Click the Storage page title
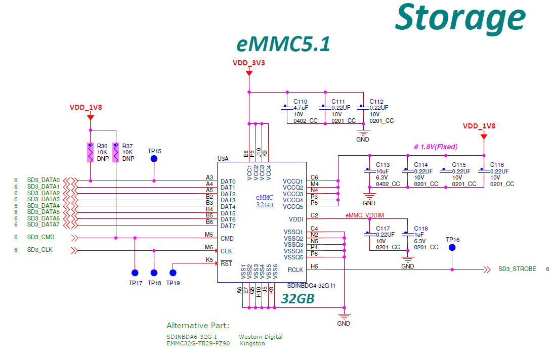pyautogui.click(x=460, y=18)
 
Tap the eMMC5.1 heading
pyautogui.click(x=283, y=45)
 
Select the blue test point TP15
pyautogui.click(x=154, y=159)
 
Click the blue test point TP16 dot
pyautogui.click(x=452, y=248)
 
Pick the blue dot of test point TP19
pyautogui.click(x=173, y=273)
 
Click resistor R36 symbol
pyautogui.click(x=91, y=152)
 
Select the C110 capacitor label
pyautogui.click(x=300, y=102)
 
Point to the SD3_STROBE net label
pyautogui.click(x=517, y=269)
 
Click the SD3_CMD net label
pyautogui.click(x=41, y=237)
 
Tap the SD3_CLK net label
pyautogui.click(x=40, y=250)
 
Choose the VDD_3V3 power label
pyautogui.click(x=249, y=64)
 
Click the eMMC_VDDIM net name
pyautogui.click(x=368, y=216)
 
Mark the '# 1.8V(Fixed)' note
pyautogui.click(x=436, y=147)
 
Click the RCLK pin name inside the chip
pyautogui.click(x=295, y=270)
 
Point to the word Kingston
pyautogui.click(x=252, y=343)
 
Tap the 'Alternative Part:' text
pyautogui.click(x=198, y=325)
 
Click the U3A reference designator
pyautogui.click(x=223, y=158)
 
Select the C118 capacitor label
pyautogui.click(x=421, y=229)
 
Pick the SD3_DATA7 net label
pyautogui.click(x=44, y=224)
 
